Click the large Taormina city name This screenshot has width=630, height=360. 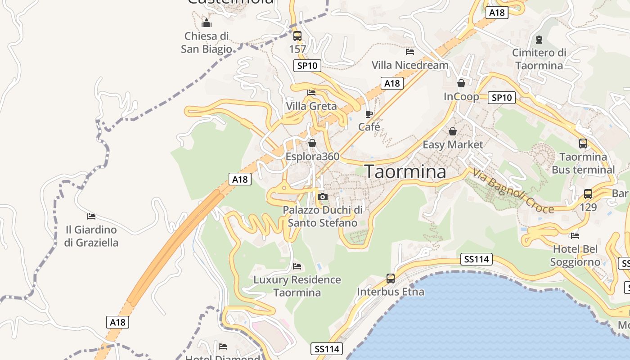(x=405, y=172)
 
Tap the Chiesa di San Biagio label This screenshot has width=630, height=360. (x=207, y=42)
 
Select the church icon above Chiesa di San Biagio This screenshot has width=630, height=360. (x=207, y=22)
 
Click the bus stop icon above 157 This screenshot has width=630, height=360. (x=297, y=36)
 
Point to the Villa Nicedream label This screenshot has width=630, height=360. (x=410, y=65)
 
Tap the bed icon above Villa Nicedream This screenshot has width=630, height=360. (x=409, y=52)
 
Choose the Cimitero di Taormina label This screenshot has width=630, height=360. (x=539, y=59)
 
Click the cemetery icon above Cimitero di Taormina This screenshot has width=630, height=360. (x=539, y=40)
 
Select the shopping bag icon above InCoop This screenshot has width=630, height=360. (x=461, y=83)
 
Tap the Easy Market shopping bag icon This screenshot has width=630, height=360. (x=453, y=131)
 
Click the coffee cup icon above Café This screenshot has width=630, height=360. (x=369, y=114)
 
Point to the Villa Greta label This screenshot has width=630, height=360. (x=311, y=106)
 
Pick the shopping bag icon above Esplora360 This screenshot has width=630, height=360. (x=312, y=143)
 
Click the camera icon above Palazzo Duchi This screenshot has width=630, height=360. (x=322, y=197)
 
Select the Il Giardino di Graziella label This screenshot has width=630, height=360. (x=91, y=236)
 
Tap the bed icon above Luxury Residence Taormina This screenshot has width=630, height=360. (x=297, y=266)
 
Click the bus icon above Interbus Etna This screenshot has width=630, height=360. (x=390, y=279)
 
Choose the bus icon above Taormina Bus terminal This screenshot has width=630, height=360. (x=583, y=144)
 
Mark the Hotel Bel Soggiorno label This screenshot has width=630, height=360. (x=575, y=256)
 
